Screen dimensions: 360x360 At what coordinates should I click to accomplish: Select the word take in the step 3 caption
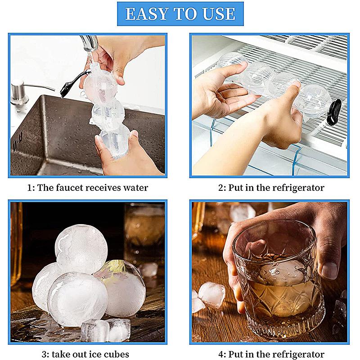pyautogui.click(x=66, y=354)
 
